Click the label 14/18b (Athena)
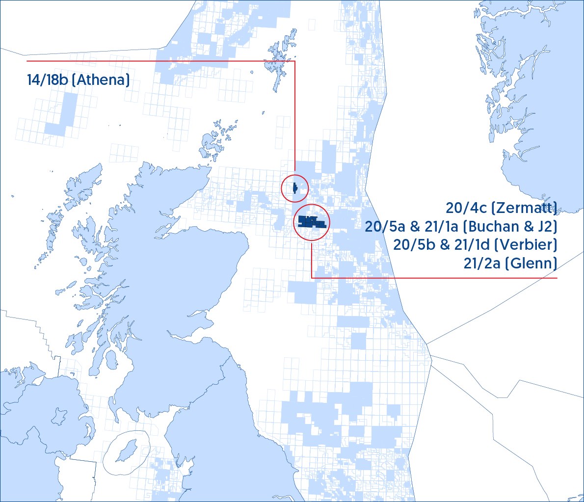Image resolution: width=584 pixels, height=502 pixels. pyautogui.click(x=79, y=80)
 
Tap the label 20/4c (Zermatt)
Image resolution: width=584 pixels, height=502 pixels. pyautogui.click(x=501, y=208)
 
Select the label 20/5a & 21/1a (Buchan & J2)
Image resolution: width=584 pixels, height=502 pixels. pyautogui.click(x=461, y=227)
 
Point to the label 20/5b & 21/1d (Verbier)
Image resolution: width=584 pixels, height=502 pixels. pyautogui.click(x=475, y=245)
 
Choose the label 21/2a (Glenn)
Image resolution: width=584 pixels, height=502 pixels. pyautogui.click(x=510, y=264)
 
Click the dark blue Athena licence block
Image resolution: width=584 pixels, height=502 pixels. pyautogui.click(x=294, y=188)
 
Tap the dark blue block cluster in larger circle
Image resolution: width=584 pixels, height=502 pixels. pyautogui.click(x=311, y=222)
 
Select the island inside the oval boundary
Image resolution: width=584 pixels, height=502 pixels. pyautogui.click(x=127, y=450)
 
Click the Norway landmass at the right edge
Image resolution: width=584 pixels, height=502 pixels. pyautogui.click(x=535, y=123)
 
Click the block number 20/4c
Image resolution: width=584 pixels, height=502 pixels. pyautogui.click(x=467, y=208)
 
